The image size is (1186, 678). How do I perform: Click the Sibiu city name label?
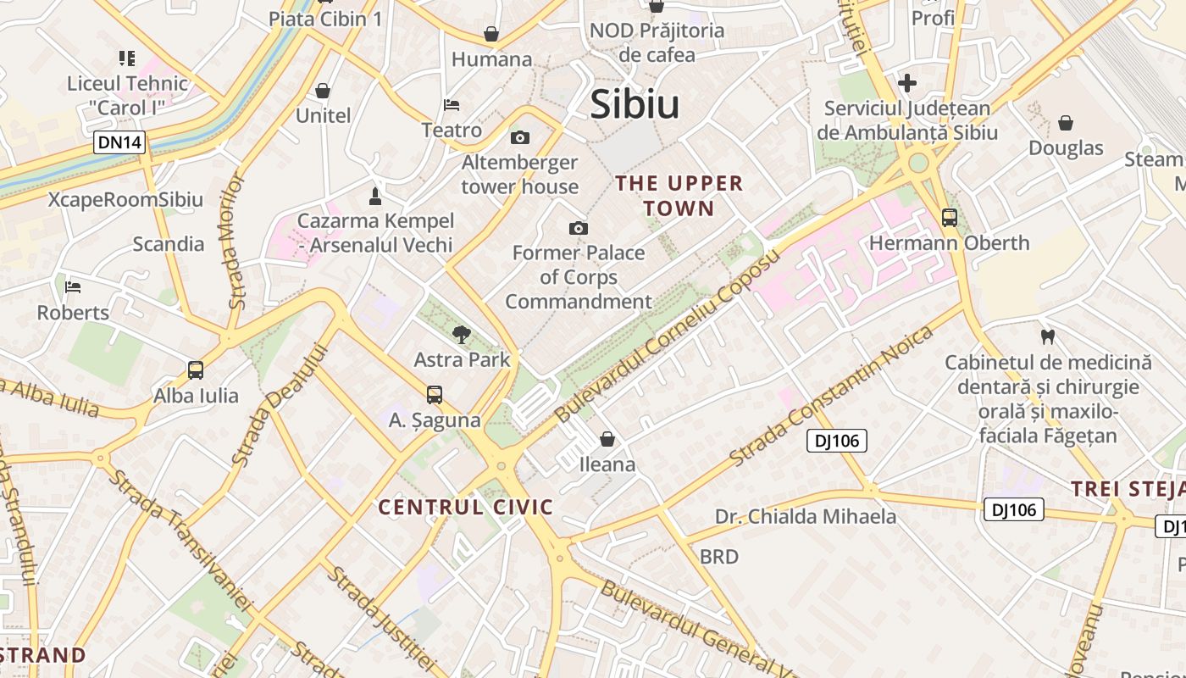click(635, 104)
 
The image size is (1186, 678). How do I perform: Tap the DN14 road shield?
click(119, 142)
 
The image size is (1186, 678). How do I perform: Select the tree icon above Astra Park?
click(462, 334)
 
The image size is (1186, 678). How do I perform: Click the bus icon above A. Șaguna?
click(435, 394)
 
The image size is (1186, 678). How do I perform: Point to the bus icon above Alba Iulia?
click(196, 370)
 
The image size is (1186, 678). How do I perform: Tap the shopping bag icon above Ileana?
click(607, 439)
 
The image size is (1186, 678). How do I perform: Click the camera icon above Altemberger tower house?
click(520, 137)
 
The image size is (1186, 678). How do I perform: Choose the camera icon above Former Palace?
click(579, 228)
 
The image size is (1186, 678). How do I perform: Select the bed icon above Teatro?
click(452, 105)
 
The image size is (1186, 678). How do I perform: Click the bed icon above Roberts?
click(73, 287)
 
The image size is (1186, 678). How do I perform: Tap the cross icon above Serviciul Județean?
click(907, 83)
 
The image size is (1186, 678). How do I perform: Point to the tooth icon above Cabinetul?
click(1048, 336)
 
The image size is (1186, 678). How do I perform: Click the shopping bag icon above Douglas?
click(1066, 123)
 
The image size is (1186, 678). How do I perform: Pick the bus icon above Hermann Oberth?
click(950, 218)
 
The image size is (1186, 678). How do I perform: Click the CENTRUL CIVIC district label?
click(465, 508)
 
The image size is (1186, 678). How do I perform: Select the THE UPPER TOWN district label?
click(679, 196)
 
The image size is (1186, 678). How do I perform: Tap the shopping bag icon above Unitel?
click(323, 91)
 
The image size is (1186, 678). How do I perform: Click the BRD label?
click(719, 557)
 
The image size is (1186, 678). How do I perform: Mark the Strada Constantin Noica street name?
click(831, 396)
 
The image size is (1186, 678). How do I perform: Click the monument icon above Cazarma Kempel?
click(375, 197)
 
